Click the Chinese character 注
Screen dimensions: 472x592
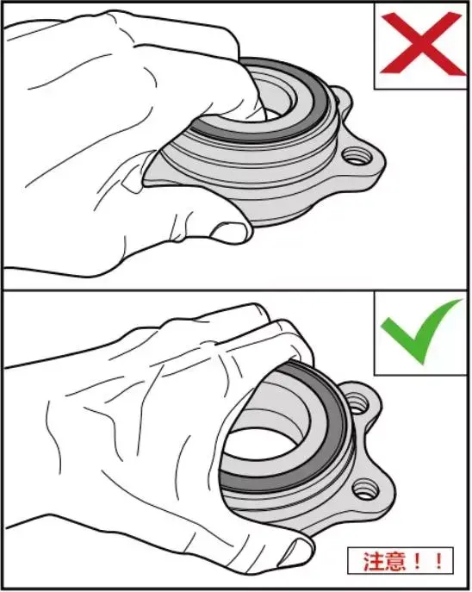click(x=375, y=562)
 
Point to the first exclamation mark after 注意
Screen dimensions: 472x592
click(x=418, y=562)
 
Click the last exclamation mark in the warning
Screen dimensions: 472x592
click(x=438, y=562)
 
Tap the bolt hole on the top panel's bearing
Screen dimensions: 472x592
click(x=357, y=156)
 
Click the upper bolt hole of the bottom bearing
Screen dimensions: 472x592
click(x=357, y=403)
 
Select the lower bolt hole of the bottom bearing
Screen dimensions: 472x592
click(x=365, y=489)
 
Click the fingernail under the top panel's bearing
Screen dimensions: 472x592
click(x=229, y=232)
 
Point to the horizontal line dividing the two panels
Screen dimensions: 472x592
click(x=236, y=290)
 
